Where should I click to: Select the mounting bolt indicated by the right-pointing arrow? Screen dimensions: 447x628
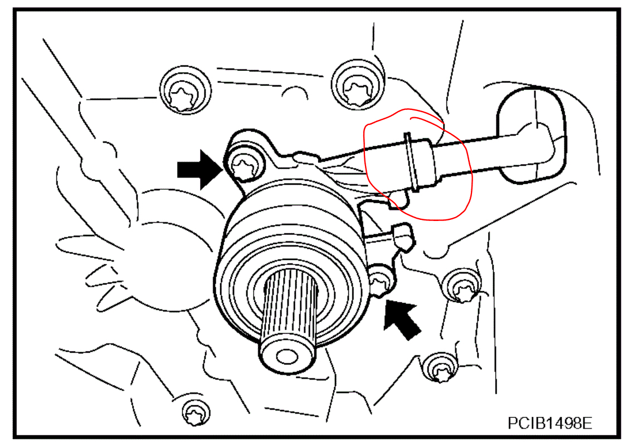point(244,165)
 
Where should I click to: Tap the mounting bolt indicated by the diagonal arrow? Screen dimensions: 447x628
point(381,282)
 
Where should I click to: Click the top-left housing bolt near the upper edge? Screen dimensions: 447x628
point(184,91)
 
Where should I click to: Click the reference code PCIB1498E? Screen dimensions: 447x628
point(549,422)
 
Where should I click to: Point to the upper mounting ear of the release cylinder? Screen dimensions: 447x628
point(251,148)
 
